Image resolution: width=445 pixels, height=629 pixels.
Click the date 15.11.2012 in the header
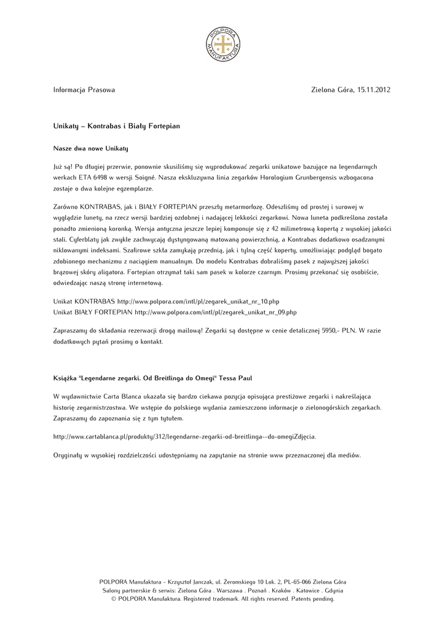click(373, 90)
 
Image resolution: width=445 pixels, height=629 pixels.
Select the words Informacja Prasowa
click(84, 90)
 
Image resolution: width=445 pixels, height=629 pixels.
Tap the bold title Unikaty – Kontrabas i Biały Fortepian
click(117, 126)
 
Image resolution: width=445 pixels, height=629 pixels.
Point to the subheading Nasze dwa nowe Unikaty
click(90, 149)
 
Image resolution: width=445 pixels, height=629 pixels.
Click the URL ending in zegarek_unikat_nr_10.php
click(198, 302)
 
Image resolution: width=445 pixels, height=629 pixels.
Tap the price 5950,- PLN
click(339, 330)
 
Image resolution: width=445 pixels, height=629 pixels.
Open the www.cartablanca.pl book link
click(184, 437)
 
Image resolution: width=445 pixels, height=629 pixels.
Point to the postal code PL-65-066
click(285, 582)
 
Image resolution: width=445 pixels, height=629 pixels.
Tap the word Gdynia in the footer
click(333, 590)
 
